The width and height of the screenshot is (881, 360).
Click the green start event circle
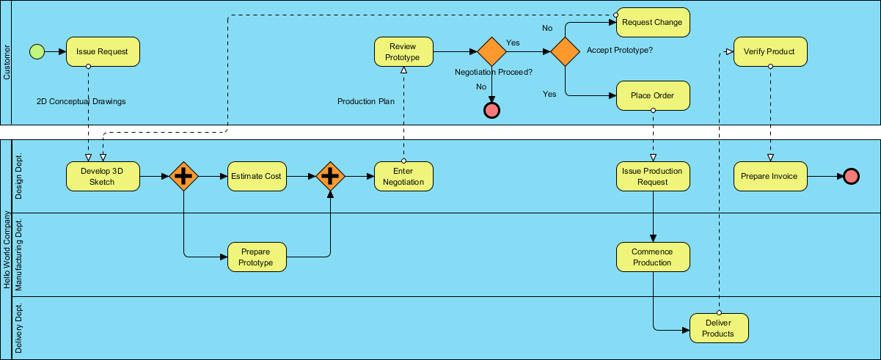[37, 51]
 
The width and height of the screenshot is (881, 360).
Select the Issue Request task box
[103, 51]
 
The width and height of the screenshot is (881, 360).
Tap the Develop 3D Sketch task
[103, 176]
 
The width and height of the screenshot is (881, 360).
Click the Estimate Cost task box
[257, 176]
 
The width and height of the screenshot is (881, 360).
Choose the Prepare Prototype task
[257, 257]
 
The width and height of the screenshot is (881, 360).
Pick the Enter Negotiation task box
[403, 176]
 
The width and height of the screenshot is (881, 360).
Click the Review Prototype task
[403, 51]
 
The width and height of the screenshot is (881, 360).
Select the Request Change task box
[653, 22]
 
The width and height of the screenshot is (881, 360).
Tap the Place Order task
[653, 95]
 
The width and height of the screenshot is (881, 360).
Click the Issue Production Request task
[653, 176]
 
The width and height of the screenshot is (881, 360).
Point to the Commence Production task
[653, 257]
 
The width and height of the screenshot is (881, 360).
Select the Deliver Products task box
[719, 328]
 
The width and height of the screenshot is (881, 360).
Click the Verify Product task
[769, 51]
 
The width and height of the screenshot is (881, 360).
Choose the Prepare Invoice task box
[769, 176]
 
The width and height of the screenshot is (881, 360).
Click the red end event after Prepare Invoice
[851, 176]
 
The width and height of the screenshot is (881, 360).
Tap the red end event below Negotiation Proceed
[491, 110]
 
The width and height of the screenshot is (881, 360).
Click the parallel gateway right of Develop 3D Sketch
[183, 176]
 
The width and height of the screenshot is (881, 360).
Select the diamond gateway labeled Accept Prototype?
[565, 51]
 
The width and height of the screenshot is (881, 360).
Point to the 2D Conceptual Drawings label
[81, 101]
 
